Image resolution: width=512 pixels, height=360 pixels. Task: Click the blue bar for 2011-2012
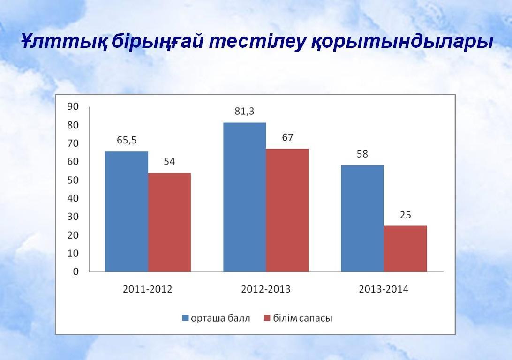coord(127,211)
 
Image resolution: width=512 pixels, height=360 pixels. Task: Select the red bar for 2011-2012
coord(169,222)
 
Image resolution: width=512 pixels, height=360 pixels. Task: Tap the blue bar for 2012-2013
coord(245,197)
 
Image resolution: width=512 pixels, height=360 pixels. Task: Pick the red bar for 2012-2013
coord(287,210)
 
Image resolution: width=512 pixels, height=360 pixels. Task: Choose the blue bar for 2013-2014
coord(362,218)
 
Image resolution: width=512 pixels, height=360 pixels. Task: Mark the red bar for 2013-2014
coord(405,249)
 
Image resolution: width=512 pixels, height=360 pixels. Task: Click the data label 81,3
coord(244,112)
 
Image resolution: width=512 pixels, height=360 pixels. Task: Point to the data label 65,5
coord(127,140)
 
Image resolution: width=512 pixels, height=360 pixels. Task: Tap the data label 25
coord(405,215)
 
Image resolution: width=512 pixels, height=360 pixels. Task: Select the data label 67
coord(287,137)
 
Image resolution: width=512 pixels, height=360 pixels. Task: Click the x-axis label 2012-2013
coord(266,289)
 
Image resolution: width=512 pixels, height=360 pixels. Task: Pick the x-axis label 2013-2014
coord(384,289)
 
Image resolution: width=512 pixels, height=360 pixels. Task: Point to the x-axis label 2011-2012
coord(148,289)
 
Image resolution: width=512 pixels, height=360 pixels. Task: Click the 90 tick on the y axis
coord(73,106)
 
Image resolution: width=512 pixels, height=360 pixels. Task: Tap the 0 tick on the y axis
coord(76,271)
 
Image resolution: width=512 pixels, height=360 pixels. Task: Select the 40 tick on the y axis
coord(73,198)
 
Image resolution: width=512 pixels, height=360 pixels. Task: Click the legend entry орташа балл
coord(216,318)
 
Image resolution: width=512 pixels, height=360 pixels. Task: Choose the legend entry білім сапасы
coord(298,318)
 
